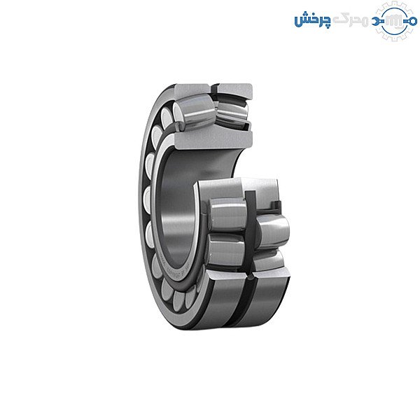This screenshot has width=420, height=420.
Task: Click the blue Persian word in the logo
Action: (310, 20)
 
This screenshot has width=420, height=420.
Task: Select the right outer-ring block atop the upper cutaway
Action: (234, 90)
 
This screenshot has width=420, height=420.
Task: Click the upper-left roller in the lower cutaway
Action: (225, 216)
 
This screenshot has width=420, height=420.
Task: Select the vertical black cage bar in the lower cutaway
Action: (249, 231)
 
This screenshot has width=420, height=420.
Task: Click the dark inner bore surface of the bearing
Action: (178, 210)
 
